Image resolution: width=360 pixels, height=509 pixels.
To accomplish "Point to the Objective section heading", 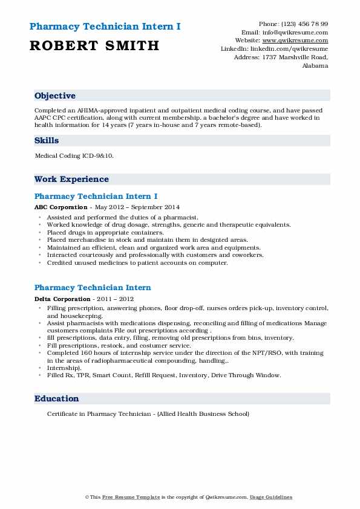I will (55, 96).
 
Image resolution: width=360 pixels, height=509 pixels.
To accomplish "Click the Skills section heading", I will (47, 141).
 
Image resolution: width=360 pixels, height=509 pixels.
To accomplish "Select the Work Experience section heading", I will (71, 180).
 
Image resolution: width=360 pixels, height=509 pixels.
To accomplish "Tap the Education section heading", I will (57, 399).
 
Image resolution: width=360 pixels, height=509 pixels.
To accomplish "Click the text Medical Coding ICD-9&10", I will (74, 156).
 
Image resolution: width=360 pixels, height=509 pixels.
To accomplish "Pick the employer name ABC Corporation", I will (61, 207).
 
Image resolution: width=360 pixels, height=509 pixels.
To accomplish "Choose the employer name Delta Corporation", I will (62, 299).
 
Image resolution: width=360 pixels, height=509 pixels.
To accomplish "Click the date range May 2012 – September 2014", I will (128, 207).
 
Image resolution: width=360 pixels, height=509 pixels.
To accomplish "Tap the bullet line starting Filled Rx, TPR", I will (163, 375).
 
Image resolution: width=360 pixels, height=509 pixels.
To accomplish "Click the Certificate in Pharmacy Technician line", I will (148, 414).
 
